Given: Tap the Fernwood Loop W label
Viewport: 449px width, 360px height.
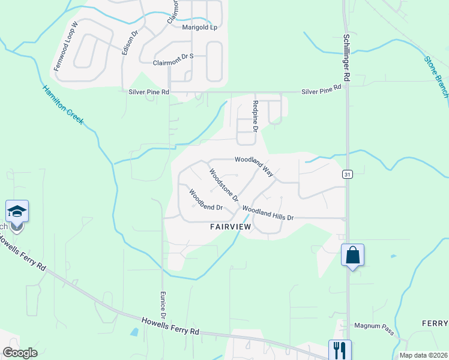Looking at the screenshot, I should click(66, 47).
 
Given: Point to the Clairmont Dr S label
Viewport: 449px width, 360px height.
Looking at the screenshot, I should click(173, 62).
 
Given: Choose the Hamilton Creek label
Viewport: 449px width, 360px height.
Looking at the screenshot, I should click(63, 105).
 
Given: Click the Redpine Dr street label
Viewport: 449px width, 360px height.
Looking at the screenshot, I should click(255, 116).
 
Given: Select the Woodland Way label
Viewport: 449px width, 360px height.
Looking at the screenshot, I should click(254, 167).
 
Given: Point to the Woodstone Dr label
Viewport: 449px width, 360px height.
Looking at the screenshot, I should click(223, 185).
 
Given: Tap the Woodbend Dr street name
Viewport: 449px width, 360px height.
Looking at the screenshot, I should click(206, 200).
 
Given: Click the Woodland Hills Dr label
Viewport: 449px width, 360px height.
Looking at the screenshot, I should click(268, 213).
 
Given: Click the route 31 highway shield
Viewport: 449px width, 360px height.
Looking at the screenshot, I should click(348, 174).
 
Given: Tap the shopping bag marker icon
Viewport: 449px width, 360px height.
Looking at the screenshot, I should click(352, 254).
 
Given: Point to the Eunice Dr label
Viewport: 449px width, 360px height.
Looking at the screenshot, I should click(163, 305).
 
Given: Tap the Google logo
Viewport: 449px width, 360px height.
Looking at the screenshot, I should click(20, 353).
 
